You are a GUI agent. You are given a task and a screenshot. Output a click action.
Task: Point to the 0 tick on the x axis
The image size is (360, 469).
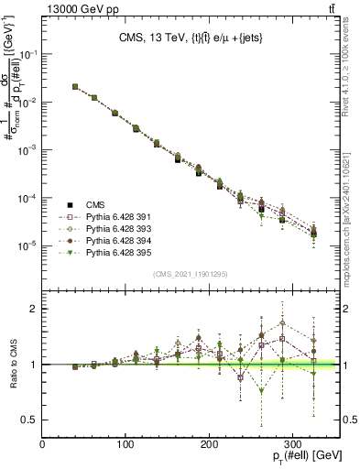pos(43,444)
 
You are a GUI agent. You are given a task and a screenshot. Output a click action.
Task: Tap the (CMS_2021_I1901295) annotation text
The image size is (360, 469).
pos(191,274)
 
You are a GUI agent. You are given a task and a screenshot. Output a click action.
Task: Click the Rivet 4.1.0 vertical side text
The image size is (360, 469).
pos(349,64)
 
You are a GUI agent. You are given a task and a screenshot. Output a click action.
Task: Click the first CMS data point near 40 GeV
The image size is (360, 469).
pos(74,87)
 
